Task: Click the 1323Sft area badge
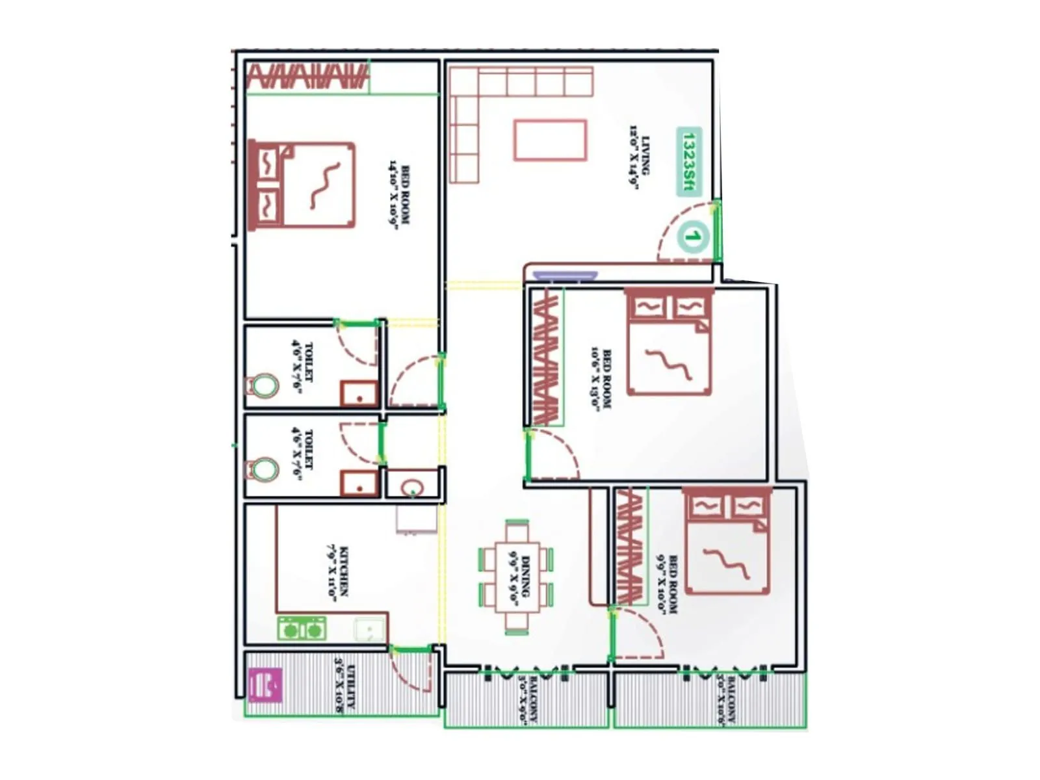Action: (690, 162)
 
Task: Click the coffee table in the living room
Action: (550, 140)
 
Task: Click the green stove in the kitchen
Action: (302, 629)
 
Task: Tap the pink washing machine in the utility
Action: (265, 685)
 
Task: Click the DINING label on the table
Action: (520, 575)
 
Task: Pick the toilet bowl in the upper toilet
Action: (264, 385)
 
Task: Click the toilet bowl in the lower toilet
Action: (264, 469)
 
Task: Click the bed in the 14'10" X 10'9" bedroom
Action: (303, 186)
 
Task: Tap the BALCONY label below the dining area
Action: (528, 699)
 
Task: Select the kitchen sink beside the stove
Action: (369, 630)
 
